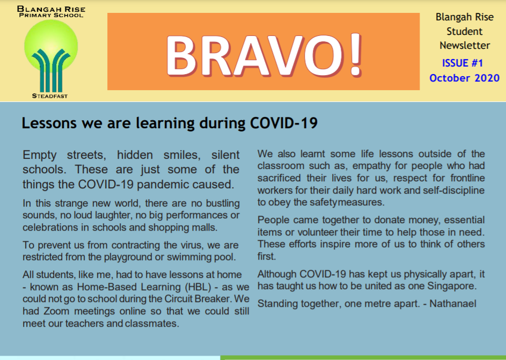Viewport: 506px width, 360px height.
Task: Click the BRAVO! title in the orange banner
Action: (x=263, y=55)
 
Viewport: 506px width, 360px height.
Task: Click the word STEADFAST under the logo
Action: (x=50, y=96)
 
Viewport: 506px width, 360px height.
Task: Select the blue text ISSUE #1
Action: (x=463, y=63)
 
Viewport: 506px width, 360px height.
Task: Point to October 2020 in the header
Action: (x=464, y=78)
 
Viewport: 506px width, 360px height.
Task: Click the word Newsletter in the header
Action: (x=465, y=46)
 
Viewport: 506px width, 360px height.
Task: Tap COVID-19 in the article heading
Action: (x=284, y=123)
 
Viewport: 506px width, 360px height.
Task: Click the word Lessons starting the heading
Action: (x=49, y=123)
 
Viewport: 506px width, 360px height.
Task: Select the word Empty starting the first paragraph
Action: (x=39, y=156)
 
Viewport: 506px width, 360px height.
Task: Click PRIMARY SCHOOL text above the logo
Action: (x=51, y=15)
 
